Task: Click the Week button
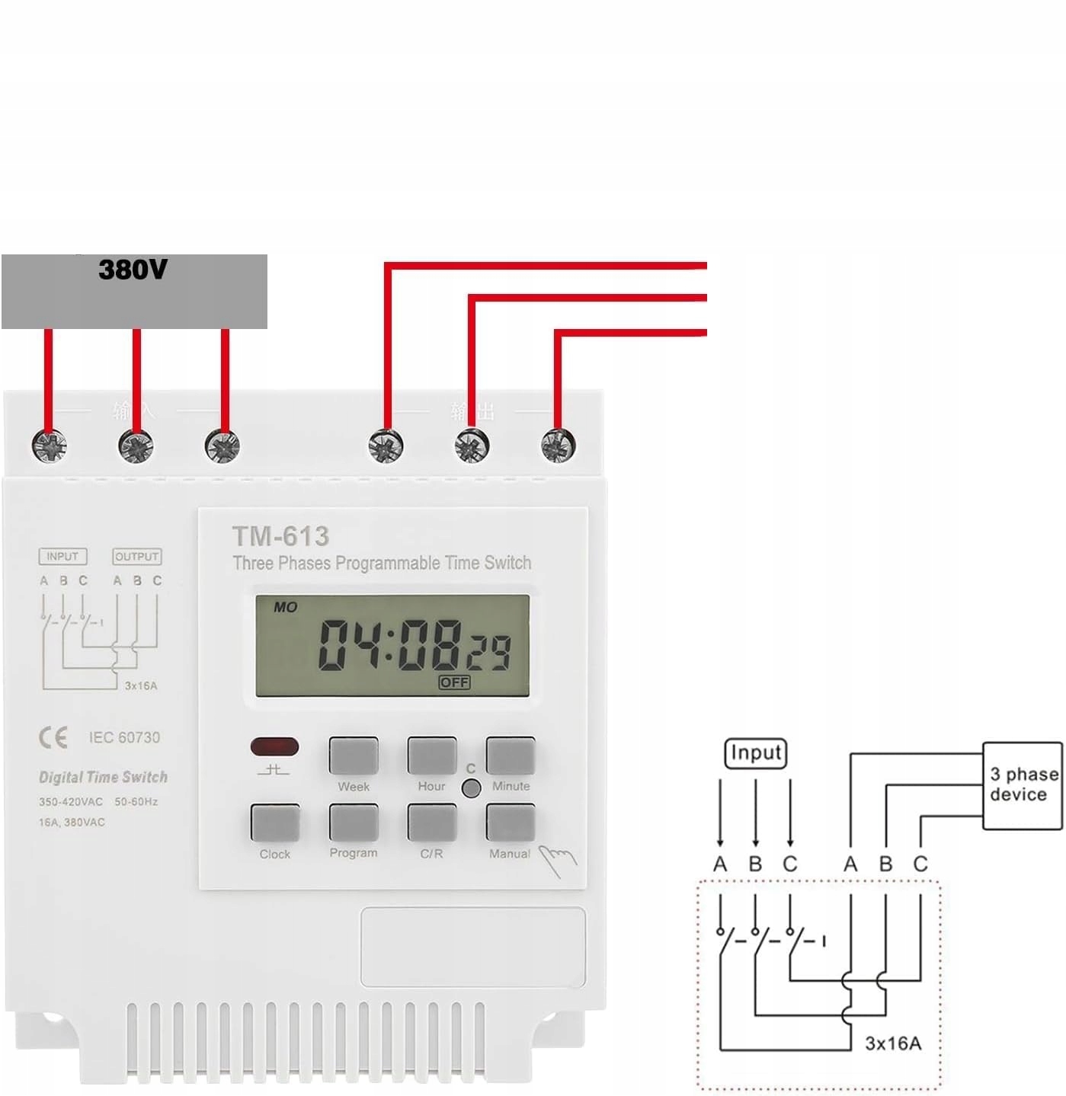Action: coord(353,755)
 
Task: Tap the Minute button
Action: coord(510,755)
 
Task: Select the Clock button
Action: coord(274,822)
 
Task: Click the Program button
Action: coord(353,822)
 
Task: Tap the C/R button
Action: coord(431,822)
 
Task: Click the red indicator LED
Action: coord(274,746)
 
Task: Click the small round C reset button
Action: coord(472,788)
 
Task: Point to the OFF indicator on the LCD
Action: coord(454,682)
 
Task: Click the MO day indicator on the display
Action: coord(285,607)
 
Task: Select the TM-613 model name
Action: coord(280,536)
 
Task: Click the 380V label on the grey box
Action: coord(133,270)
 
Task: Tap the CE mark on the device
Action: coord(53,737)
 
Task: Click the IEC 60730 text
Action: coord(124,737)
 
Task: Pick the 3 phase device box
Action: coord(1023,785)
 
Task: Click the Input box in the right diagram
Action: coord(755,753)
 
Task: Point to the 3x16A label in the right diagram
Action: coord(892,1043)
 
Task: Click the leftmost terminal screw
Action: coord(50,446)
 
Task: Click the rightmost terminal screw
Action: coord(558,446)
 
